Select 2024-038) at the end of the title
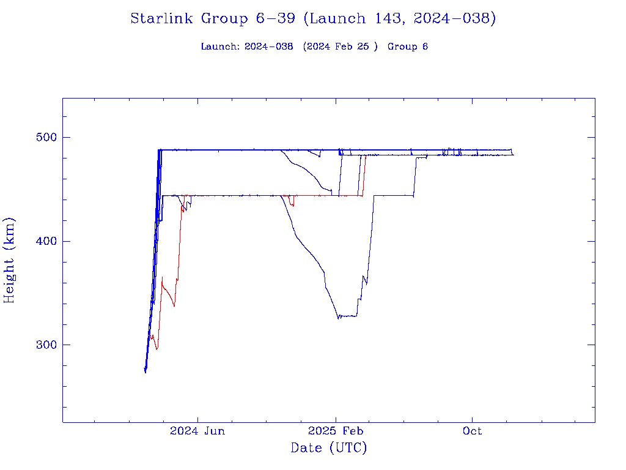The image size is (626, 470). coord(454,18)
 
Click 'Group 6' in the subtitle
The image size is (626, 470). coord(407,47)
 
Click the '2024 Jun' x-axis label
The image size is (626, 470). coord(197,431)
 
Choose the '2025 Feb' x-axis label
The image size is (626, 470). coord(336,431)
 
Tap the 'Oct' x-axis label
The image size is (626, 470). coord(472,431)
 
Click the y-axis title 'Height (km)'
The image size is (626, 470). coord(10,260)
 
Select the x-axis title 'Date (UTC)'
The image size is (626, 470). coord(329,449)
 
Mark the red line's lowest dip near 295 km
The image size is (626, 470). coord(157,349)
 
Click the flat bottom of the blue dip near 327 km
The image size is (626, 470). coord(348,316)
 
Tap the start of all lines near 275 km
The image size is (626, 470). coord(145,370)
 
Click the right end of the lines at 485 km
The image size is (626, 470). coord(513,154)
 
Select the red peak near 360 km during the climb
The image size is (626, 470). coord(162,278)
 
